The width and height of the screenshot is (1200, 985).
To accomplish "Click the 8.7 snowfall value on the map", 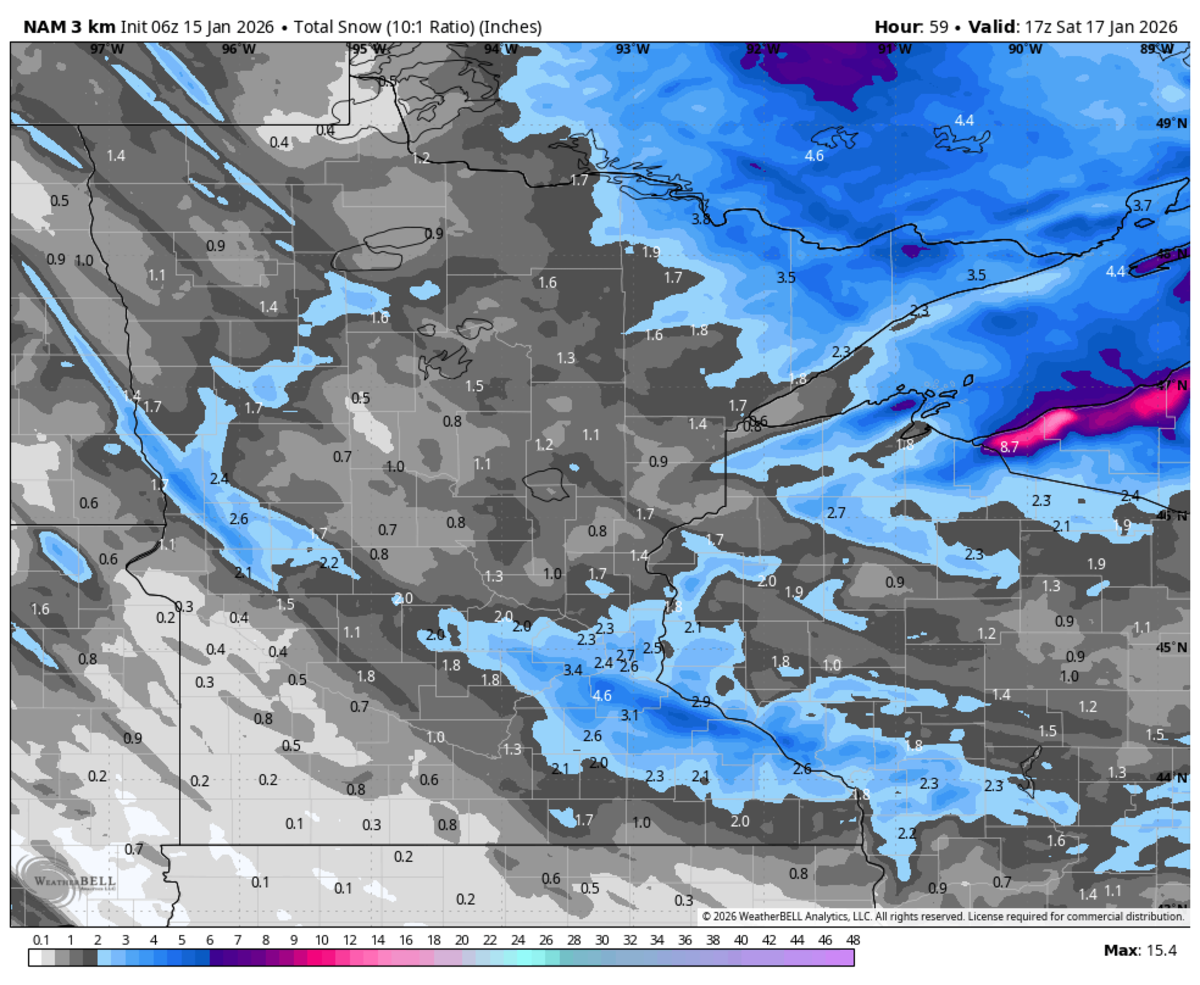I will pyautogui.click(x=1009, y=448).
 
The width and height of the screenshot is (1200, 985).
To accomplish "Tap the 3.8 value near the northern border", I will pyautogui.click(x=702, y=219).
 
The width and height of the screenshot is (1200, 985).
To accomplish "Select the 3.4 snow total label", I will pyautogui.click(x=573, y=669).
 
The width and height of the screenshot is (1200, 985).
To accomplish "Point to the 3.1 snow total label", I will pyautogui.click(x=629, y=715).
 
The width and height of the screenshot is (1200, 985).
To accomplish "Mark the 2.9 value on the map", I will pyautogui.click(x=700, y=702).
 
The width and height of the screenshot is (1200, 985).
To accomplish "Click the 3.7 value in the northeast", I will pyautogui.click(x=1141, y=205).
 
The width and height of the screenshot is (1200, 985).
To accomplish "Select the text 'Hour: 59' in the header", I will pyautogui.click(x=910, y=26).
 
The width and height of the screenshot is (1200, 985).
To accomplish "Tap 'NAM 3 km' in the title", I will pyautogui.click(x=62, y=26).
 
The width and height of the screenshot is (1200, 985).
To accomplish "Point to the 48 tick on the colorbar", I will pyautogui.click(x=853, y=940).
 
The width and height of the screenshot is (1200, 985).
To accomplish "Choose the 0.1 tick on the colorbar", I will pyautogui.click(x=41, y=940).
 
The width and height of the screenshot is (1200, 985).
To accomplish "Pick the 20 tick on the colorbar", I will pyautogui.click(x=461, y=940).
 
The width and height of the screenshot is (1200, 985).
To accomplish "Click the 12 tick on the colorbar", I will pyautogui.click(x=349, y=940).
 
